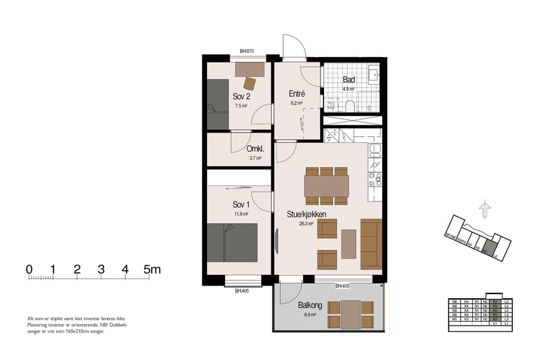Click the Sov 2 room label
pyautogui.click(x=241, y=96)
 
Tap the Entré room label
pyautogui.click(x=297, y=94)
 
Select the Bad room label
pyautogui.click(x=349, y=80)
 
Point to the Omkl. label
pyautogui.click(x=256, y=149)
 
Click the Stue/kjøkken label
pyautogui.click(x=307, y=214)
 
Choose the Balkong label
pyautogui.click(x=310, y=305)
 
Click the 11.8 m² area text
pyautogui.click(x=241, y=214)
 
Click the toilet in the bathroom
pyautogui.click(x=350, y=106)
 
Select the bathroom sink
pyautogui.click(x=373, y=75)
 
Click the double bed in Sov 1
pyautogui.click(x=232, y=242)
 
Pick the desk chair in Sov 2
pyautogui.click(x=250, y=83)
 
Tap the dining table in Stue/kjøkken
pyautogui.click(x=326, y=186)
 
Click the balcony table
pyautogui.click(x=350, y=314)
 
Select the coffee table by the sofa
pyautogui.click(x=349, y=244)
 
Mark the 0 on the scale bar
pyautogui.click(x=29, y=269)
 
